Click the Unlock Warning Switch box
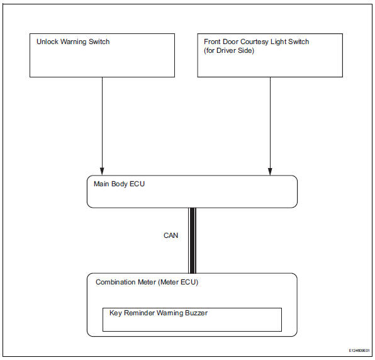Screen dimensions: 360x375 click(103, 55)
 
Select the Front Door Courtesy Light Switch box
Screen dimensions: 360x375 click(270, 55)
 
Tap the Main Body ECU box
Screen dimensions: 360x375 click(191, 191)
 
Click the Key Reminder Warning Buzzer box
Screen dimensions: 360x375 click(192, 319)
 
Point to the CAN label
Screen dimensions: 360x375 click(171, 236)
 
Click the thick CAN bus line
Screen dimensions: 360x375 click(193, 240)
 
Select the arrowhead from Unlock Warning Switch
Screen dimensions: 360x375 click(102, 171)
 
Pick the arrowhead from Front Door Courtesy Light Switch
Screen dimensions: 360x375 click(270, 171)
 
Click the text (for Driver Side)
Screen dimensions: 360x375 click(228, 50)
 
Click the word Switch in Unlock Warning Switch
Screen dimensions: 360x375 click(98, 42)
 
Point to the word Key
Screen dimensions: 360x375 click(115, 313)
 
